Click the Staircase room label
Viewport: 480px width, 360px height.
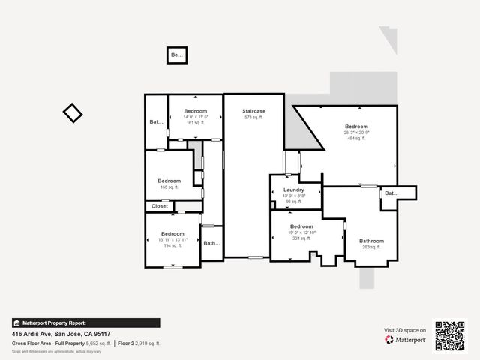(253, 111)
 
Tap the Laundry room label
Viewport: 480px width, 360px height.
(293, 190)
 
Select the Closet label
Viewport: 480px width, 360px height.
(160, 206)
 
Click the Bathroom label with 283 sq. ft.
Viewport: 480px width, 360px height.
(371, 241)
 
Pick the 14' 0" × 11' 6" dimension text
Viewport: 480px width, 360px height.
(195, 117)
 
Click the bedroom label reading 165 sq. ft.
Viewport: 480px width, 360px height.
(169, 187)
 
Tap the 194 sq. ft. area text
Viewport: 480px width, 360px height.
(172, 245)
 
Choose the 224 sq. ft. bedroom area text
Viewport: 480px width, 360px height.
(301, 238)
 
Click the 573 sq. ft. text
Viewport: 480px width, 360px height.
(253, 118)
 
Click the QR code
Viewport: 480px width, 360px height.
(450, 335)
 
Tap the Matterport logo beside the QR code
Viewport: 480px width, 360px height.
(406, 340)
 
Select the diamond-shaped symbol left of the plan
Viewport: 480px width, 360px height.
(73, 113)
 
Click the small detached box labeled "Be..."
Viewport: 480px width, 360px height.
(176, 55)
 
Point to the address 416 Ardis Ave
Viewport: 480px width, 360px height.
(61, 334)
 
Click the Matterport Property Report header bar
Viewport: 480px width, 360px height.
(85, 322)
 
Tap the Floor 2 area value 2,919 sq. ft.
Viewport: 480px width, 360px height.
(148, 343)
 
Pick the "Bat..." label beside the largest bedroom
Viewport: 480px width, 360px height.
(391, 193)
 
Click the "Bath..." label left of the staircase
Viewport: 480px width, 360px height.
(211, 243)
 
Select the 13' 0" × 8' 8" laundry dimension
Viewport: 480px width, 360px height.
(293, 196)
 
